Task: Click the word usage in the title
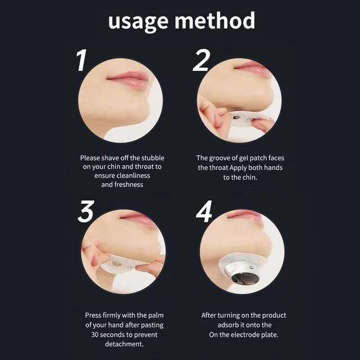[x=138, y=22]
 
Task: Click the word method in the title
[x=215, y=20]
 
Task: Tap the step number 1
[x=82, y=60]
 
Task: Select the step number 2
[x=201, y=60]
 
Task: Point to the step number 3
[x=86, y=211]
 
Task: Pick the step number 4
[x=204, y=211]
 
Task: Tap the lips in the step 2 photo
[x=251, y=66]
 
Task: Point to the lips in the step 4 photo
[x=245, y=215]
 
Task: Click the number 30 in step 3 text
[x=95, y=335]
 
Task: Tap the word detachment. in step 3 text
[x=124, y=344]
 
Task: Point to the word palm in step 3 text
[x=156, y=315]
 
